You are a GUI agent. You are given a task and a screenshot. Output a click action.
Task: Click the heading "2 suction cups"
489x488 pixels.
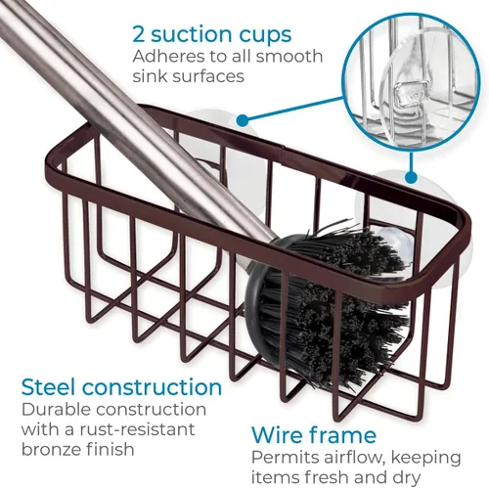pos(211,35)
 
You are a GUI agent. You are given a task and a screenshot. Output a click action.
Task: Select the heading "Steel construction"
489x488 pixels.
pos(121,387)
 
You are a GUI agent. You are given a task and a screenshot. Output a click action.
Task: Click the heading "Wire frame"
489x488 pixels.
pos(314,434)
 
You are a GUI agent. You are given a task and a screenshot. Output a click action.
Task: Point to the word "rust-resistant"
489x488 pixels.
pos(136,429)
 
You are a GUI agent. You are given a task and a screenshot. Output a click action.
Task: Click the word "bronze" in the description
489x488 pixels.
pos(51,449)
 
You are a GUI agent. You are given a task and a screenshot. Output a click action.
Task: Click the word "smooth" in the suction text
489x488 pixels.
pos(289,57)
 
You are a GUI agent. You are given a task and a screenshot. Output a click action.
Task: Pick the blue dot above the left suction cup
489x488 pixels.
pos(242,120)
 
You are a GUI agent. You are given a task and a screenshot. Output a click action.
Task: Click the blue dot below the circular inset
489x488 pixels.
pos(411,178)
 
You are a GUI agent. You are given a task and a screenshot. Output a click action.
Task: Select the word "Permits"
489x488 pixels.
pos(285,458)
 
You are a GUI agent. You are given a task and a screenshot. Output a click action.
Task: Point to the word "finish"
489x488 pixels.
pos(111,449)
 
